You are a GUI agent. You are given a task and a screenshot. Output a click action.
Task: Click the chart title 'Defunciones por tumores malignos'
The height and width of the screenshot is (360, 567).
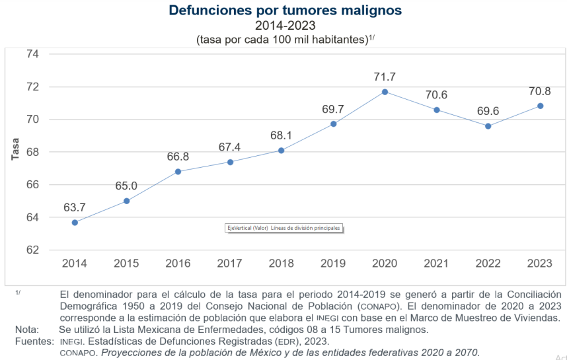pyautogui.click(x=285, y=11)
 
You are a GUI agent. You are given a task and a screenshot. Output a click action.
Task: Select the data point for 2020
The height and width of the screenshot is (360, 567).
pyautogui.click(x=385, y=92)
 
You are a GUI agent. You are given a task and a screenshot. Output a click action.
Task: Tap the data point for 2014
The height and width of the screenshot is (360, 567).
pyautogui.click(x=75, y=223)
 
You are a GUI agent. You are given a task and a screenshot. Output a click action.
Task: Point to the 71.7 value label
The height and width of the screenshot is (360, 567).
pyautogui.click(x=385, y=77)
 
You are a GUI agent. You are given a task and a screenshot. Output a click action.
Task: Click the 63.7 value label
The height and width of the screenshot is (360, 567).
pyautogui.click(x=75, y=207)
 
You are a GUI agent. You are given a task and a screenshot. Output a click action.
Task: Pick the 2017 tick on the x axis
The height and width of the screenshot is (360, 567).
pyautogui.click(x=230, y=264)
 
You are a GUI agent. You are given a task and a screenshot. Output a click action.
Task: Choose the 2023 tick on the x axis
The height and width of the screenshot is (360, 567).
pyautogui.click(x=540, y=264)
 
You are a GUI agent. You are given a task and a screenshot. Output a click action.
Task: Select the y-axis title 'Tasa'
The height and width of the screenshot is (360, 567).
pyautogui.click(x=15, y=149)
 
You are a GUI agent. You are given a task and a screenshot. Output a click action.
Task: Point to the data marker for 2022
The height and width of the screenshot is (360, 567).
pyautogui.click(x=488, y=126)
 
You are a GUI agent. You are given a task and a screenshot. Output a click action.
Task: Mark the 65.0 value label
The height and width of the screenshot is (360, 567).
pyautogui.click(x=126, y=186)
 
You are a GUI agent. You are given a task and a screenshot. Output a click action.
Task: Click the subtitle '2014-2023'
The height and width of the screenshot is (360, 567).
pyautogui.click(x=285, y=26)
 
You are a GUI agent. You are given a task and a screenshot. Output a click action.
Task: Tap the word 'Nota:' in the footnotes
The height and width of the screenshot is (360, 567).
pyautogui.click(x=28, y=330)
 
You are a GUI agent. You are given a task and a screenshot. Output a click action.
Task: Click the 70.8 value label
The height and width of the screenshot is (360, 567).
pyautogui.click(x=540, y=90)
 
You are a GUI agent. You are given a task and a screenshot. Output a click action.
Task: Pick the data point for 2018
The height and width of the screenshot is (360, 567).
pyautogui.click(x=281, y=151)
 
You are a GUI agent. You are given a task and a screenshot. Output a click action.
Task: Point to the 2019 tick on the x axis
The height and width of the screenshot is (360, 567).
pyautogui.click(x=333, y=264)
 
